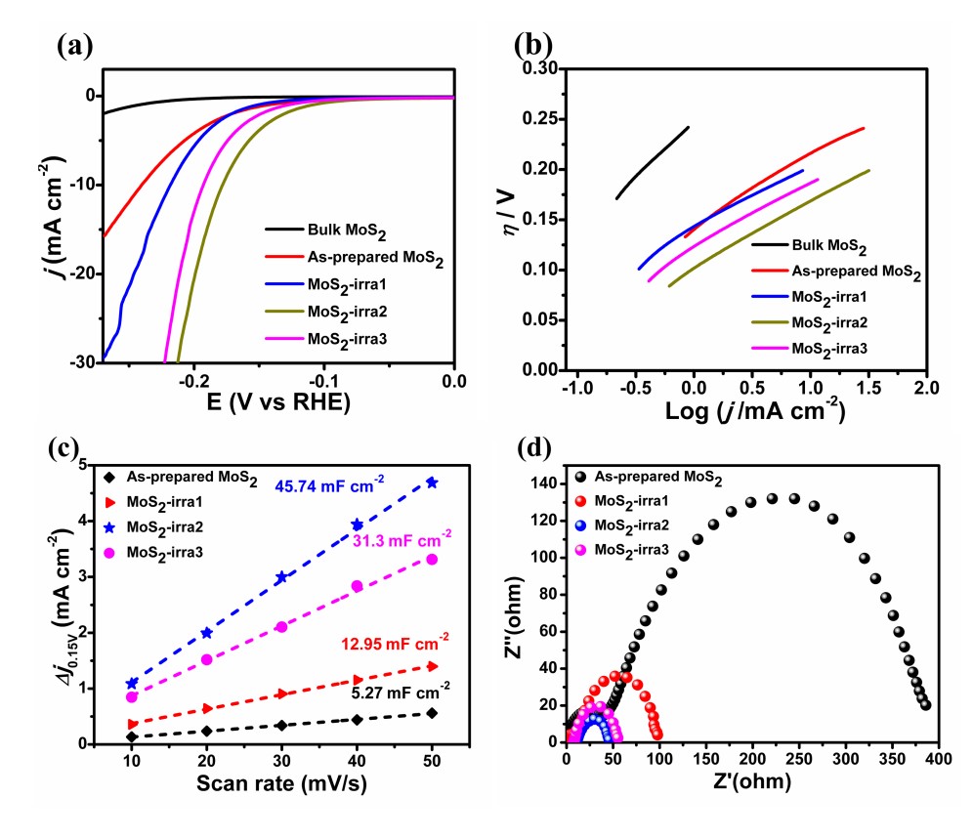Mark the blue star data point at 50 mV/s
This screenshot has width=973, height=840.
[432, 483]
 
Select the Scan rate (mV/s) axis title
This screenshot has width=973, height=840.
[280, 782]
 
